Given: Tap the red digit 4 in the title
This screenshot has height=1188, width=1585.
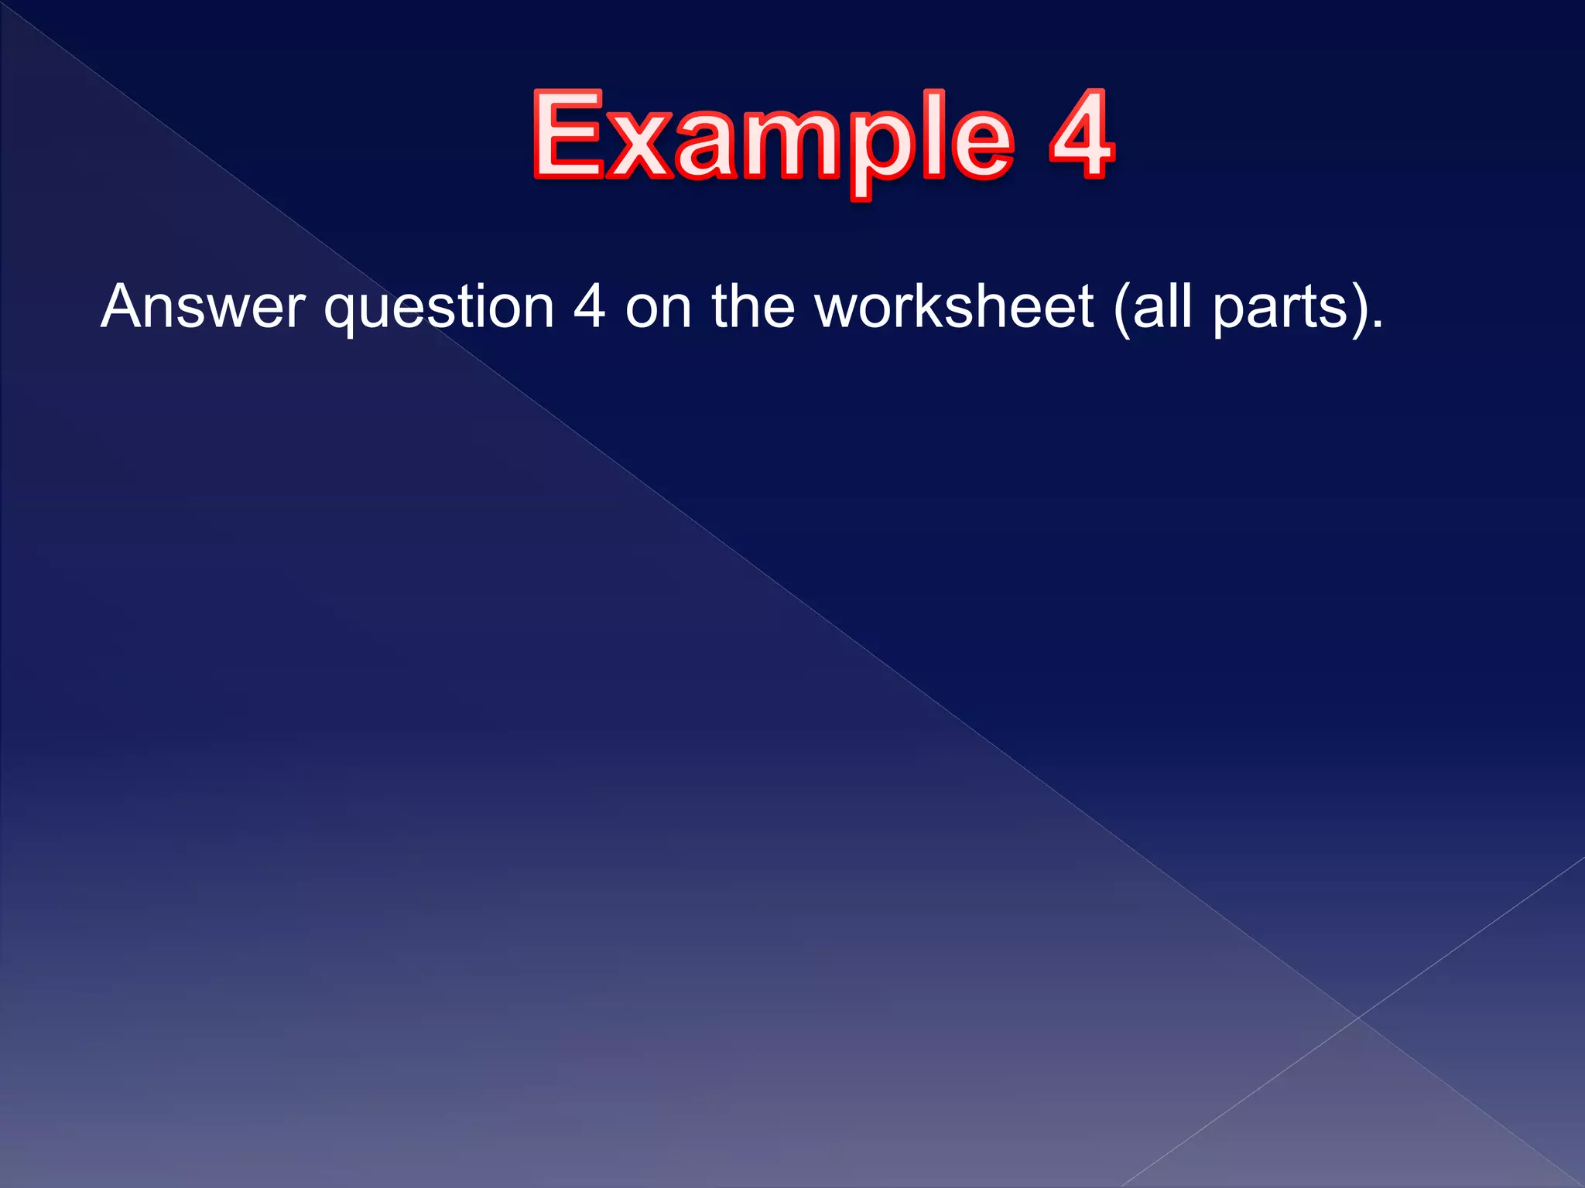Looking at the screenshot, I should pyautogui.click(x=1081, y=135).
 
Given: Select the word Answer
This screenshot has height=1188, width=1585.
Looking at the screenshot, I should pyautogui.click(x=203, y=307).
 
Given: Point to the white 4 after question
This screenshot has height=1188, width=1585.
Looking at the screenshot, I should pyautogui.click(x=589, y=307).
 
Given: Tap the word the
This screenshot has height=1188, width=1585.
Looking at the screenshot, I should pyautogui.click(x=753, y=307).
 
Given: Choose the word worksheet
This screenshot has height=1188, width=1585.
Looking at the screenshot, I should pyautogui.click(x=955, y=307).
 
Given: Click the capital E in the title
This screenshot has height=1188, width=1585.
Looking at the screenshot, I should pyautogui.click(x=568, y=135).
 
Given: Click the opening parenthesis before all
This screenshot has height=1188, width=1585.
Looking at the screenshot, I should pyautogui.click(x=1121, y=309).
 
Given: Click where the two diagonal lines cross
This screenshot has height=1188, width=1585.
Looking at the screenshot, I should pyautogui.click(x=1357, y=1018).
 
